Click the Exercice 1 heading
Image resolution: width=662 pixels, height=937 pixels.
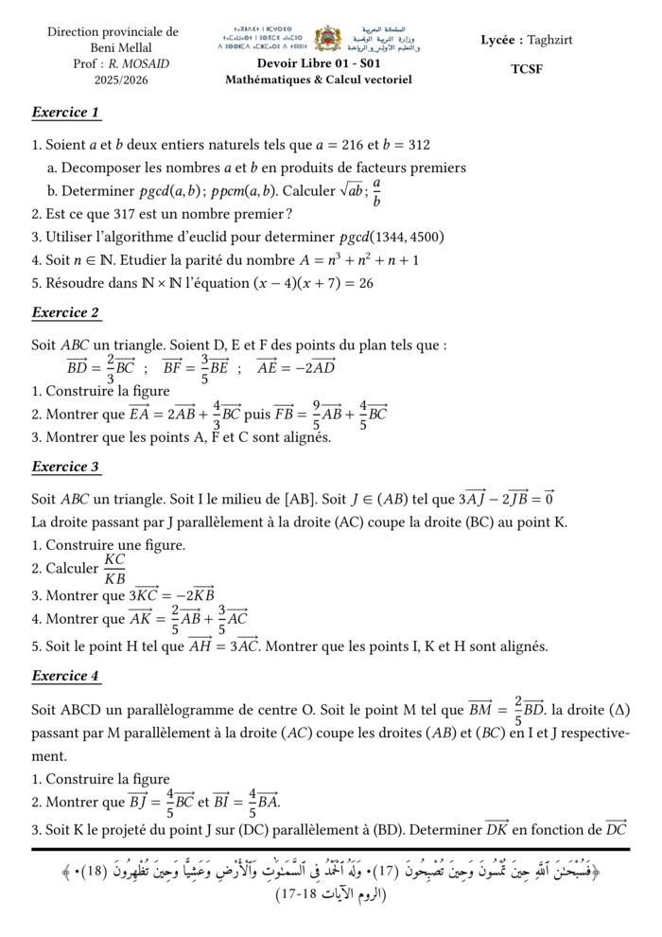[65, 113]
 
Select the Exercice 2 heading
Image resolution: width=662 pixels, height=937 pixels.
[65, 312]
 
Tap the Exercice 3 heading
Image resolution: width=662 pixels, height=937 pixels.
[65, 467]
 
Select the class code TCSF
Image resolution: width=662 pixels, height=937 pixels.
[527, 69]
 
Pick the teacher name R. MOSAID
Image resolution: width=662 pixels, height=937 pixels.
[137, 64]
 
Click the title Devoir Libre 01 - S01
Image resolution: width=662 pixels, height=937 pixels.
[318, 63]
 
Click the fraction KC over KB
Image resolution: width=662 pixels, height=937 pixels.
[114, 569]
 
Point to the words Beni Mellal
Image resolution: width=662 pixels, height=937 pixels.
[113, 48]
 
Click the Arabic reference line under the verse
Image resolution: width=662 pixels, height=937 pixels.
[331, 893]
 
